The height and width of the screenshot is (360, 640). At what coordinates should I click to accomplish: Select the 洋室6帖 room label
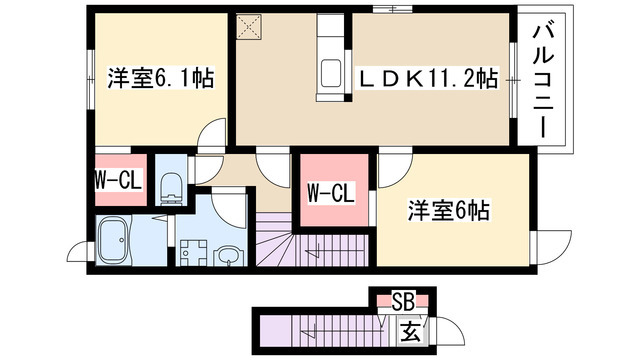446,211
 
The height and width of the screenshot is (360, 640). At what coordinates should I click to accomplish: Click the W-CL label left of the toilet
116,180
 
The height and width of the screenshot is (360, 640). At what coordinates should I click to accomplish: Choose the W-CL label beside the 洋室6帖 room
329,191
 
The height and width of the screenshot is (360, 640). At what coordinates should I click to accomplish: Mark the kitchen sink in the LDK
330,73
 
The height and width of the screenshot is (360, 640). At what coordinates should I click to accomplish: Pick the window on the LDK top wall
391,10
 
